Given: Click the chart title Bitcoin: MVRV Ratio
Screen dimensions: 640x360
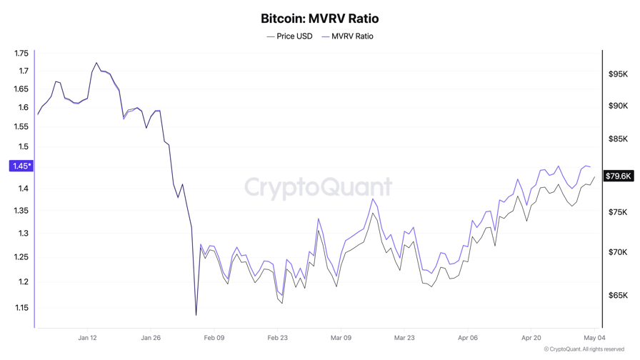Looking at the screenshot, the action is click(x=319, y=19).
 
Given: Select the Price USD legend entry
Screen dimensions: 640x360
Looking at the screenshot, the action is click(x=289, y=36).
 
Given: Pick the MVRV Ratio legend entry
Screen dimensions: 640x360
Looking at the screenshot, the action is click(x=347, y=36).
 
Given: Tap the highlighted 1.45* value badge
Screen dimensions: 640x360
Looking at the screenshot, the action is click(x=21, y=166).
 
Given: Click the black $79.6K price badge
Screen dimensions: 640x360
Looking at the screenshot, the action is click(x=619, y=176).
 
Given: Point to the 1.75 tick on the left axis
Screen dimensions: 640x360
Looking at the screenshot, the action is click(x=21, y=54).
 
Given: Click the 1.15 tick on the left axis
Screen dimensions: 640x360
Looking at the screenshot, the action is click(x=21, y=308).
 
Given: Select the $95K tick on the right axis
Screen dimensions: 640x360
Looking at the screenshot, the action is click(x=618, y=74).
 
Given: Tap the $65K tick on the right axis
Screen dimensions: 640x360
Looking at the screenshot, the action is click(x=618, y=295).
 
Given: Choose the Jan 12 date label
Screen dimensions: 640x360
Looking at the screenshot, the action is click(x=87, y=338).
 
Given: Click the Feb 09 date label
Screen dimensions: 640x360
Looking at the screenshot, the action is click(x=214, y=338).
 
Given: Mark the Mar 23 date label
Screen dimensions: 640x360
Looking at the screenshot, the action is click(x=404, y=338).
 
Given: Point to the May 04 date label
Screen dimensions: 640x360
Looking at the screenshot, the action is click(x=595, y=338).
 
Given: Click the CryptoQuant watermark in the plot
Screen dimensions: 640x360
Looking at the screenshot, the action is click(x=319, y=187).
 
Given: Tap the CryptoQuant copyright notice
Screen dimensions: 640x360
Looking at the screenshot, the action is click(x=584, y=349).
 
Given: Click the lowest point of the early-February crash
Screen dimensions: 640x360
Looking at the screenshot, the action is click(x=196, y=315).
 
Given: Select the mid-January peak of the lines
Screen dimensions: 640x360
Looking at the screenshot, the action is click(x=96, y=63).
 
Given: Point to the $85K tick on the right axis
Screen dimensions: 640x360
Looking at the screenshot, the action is click(x=618, y=139).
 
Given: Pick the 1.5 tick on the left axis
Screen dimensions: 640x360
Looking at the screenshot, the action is click(x=24, y=146).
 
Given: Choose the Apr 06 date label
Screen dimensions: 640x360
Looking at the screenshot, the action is click(x=468, y=338).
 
